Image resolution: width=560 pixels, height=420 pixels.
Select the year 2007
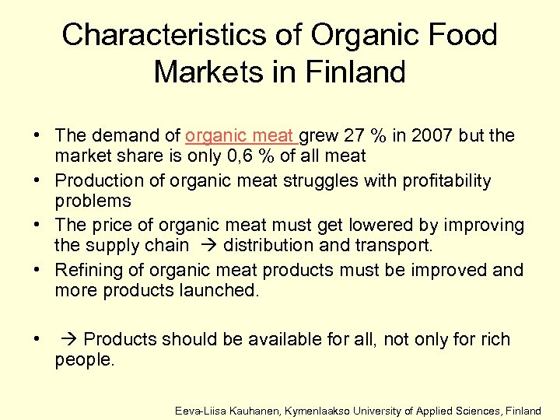pos(413,135)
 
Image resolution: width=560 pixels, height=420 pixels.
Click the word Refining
pos(86,270)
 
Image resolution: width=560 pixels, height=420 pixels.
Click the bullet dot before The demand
pos(37,136)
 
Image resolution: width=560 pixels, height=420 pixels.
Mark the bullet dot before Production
pos(37,181)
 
